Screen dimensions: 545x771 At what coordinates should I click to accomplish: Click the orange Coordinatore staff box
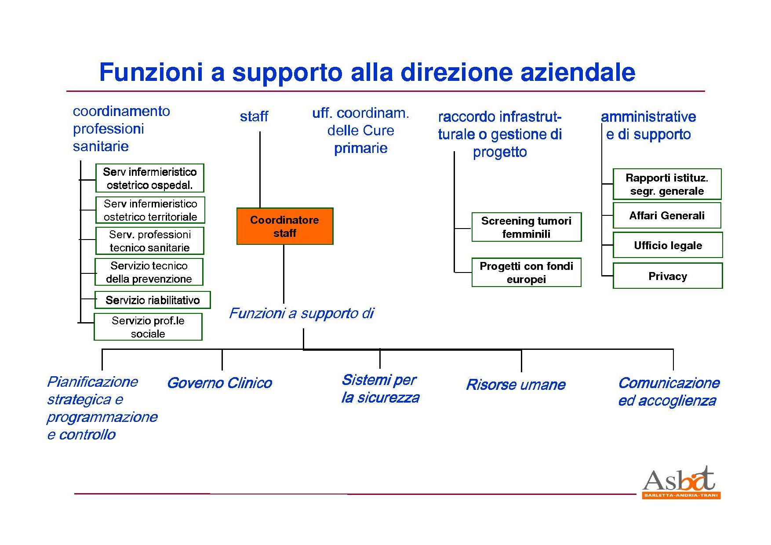pos(285,226)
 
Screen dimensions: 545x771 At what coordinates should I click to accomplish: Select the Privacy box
pos(667,276)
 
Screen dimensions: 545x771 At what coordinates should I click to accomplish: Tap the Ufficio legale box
pos(667,245)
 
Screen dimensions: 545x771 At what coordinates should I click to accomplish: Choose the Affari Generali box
pos(667,215)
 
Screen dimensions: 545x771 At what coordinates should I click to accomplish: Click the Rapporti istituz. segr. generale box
pos(667,184)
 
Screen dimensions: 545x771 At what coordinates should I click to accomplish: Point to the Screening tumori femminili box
pos(526,227)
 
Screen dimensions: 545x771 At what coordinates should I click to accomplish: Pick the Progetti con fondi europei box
pos(526,272)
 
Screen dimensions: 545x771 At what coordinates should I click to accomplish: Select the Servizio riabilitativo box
pos(153,300)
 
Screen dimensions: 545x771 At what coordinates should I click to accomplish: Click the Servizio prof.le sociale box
pos(148,327)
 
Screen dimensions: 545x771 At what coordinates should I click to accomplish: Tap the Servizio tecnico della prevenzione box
pos(149,272)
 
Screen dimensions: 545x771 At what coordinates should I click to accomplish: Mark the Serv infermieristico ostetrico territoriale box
pos(150,210)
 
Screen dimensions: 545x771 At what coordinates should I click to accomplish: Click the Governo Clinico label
pos(219,383)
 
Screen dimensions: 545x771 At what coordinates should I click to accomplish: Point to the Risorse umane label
pos(516,385)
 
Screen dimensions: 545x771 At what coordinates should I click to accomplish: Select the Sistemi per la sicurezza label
pos(380,389)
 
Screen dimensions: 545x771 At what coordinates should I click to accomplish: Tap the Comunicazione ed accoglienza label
pos(669,392)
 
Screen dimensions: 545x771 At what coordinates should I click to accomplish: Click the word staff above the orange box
pos(254,116)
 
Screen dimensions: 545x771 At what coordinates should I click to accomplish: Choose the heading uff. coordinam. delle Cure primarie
pos(360,131)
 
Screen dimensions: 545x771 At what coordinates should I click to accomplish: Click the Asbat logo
pos(680,483)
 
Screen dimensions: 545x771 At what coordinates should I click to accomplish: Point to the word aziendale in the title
pos(578,73)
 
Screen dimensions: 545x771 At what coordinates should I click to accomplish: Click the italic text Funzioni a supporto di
pos(302,313)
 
